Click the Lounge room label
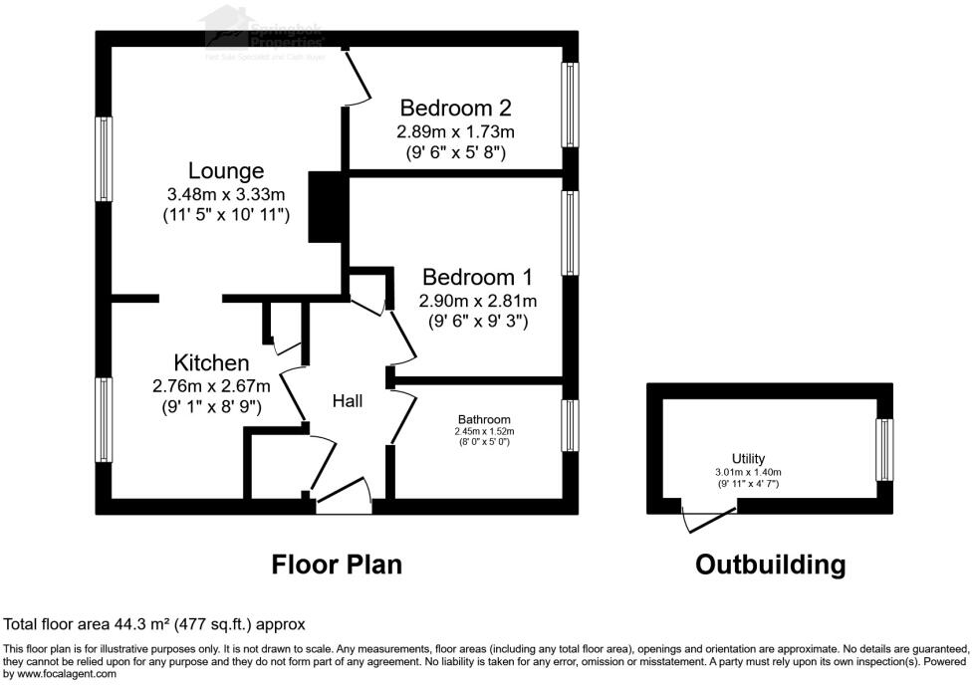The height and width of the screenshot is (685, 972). click(x=226, y=171)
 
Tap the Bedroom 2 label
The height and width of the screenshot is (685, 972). click(x=456, y=108)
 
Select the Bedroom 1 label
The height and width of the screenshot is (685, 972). click(x=478, y=277)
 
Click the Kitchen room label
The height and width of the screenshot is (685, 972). click(x=211, y=361)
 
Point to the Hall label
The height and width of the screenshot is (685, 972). click(x=348, y=401)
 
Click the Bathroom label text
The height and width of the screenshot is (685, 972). click(x=484, y=419)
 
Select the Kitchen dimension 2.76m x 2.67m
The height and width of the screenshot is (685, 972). click(x=211, y=385)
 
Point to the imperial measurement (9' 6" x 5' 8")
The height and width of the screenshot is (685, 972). click(x=456, y=153)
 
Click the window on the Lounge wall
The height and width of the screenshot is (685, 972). click(x=104, y=164)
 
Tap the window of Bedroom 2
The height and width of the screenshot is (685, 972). click(x=570, y=105)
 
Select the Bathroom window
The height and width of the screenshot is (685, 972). click(x=570, y=426)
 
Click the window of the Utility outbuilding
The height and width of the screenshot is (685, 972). click(x=883, y=446)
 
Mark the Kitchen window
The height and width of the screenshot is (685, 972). click(x=104, y=419)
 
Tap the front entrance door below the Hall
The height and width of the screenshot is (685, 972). click(x=344, y=499)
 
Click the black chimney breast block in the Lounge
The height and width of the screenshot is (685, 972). click(x=326, y=207)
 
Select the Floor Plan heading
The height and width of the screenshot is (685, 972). click(x=337, y=565)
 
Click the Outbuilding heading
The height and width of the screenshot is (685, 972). click(x=770, y=565)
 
